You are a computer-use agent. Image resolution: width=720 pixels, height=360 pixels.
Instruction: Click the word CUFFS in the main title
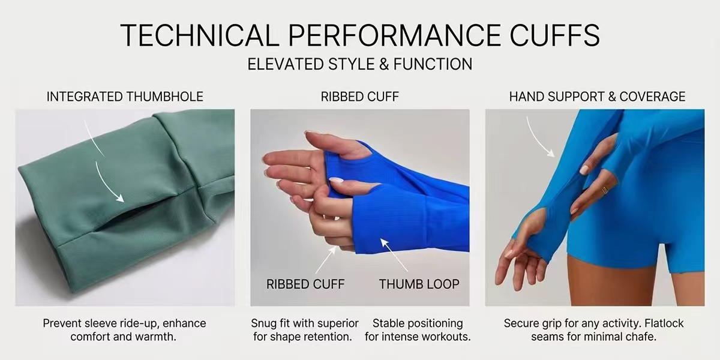pos(555,35)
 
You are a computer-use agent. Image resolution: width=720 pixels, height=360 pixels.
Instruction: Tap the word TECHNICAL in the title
pos(200,35)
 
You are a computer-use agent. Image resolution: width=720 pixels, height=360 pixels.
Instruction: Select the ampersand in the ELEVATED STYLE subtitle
pos(384,64)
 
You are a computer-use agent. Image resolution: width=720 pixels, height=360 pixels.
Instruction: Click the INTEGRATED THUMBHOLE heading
pos(125,97)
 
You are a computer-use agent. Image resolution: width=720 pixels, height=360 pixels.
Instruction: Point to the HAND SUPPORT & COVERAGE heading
pos(597,97)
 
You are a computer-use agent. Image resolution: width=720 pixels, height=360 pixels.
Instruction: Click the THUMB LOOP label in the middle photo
pos(419,284)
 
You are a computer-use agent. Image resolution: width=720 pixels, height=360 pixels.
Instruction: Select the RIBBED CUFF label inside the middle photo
pos(305,284)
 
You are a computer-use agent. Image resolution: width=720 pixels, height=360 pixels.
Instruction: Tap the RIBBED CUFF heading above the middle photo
pos(359,97)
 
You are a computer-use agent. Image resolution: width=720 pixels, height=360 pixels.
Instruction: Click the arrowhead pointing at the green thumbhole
pos(120,199)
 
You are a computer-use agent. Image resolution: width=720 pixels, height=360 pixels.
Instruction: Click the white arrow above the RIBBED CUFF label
pos(326,260)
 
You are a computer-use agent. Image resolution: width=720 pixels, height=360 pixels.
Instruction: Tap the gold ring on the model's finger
pos(605,190)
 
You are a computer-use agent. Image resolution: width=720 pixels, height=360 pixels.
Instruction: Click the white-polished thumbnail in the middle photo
pos(336,181)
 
